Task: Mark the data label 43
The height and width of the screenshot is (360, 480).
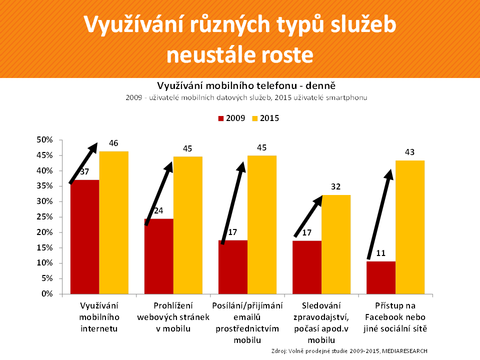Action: tap(409, 152)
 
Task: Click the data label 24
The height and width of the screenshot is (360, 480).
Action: tap(158, 211)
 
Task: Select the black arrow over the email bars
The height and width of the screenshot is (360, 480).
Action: tap(232, 202)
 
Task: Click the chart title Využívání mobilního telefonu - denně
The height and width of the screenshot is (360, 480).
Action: tap(246, 85)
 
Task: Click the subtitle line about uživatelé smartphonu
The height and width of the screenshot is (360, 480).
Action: tap(246, 97)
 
